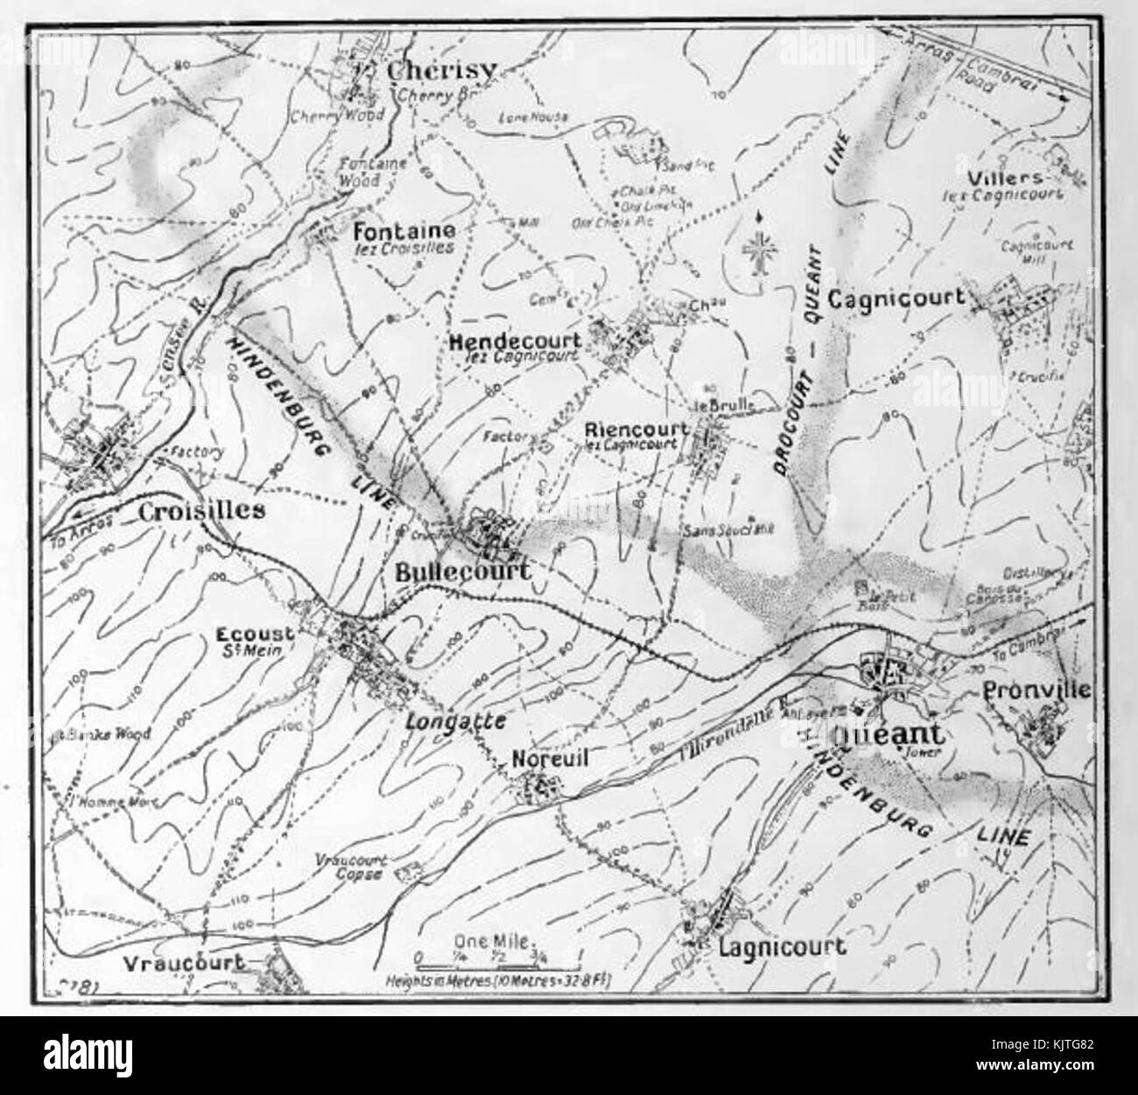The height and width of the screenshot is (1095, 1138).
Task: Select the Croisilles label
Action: (x=201, y=511)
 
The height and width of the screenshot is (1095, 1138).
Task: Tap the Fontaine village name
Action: (x=404, y=231)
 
